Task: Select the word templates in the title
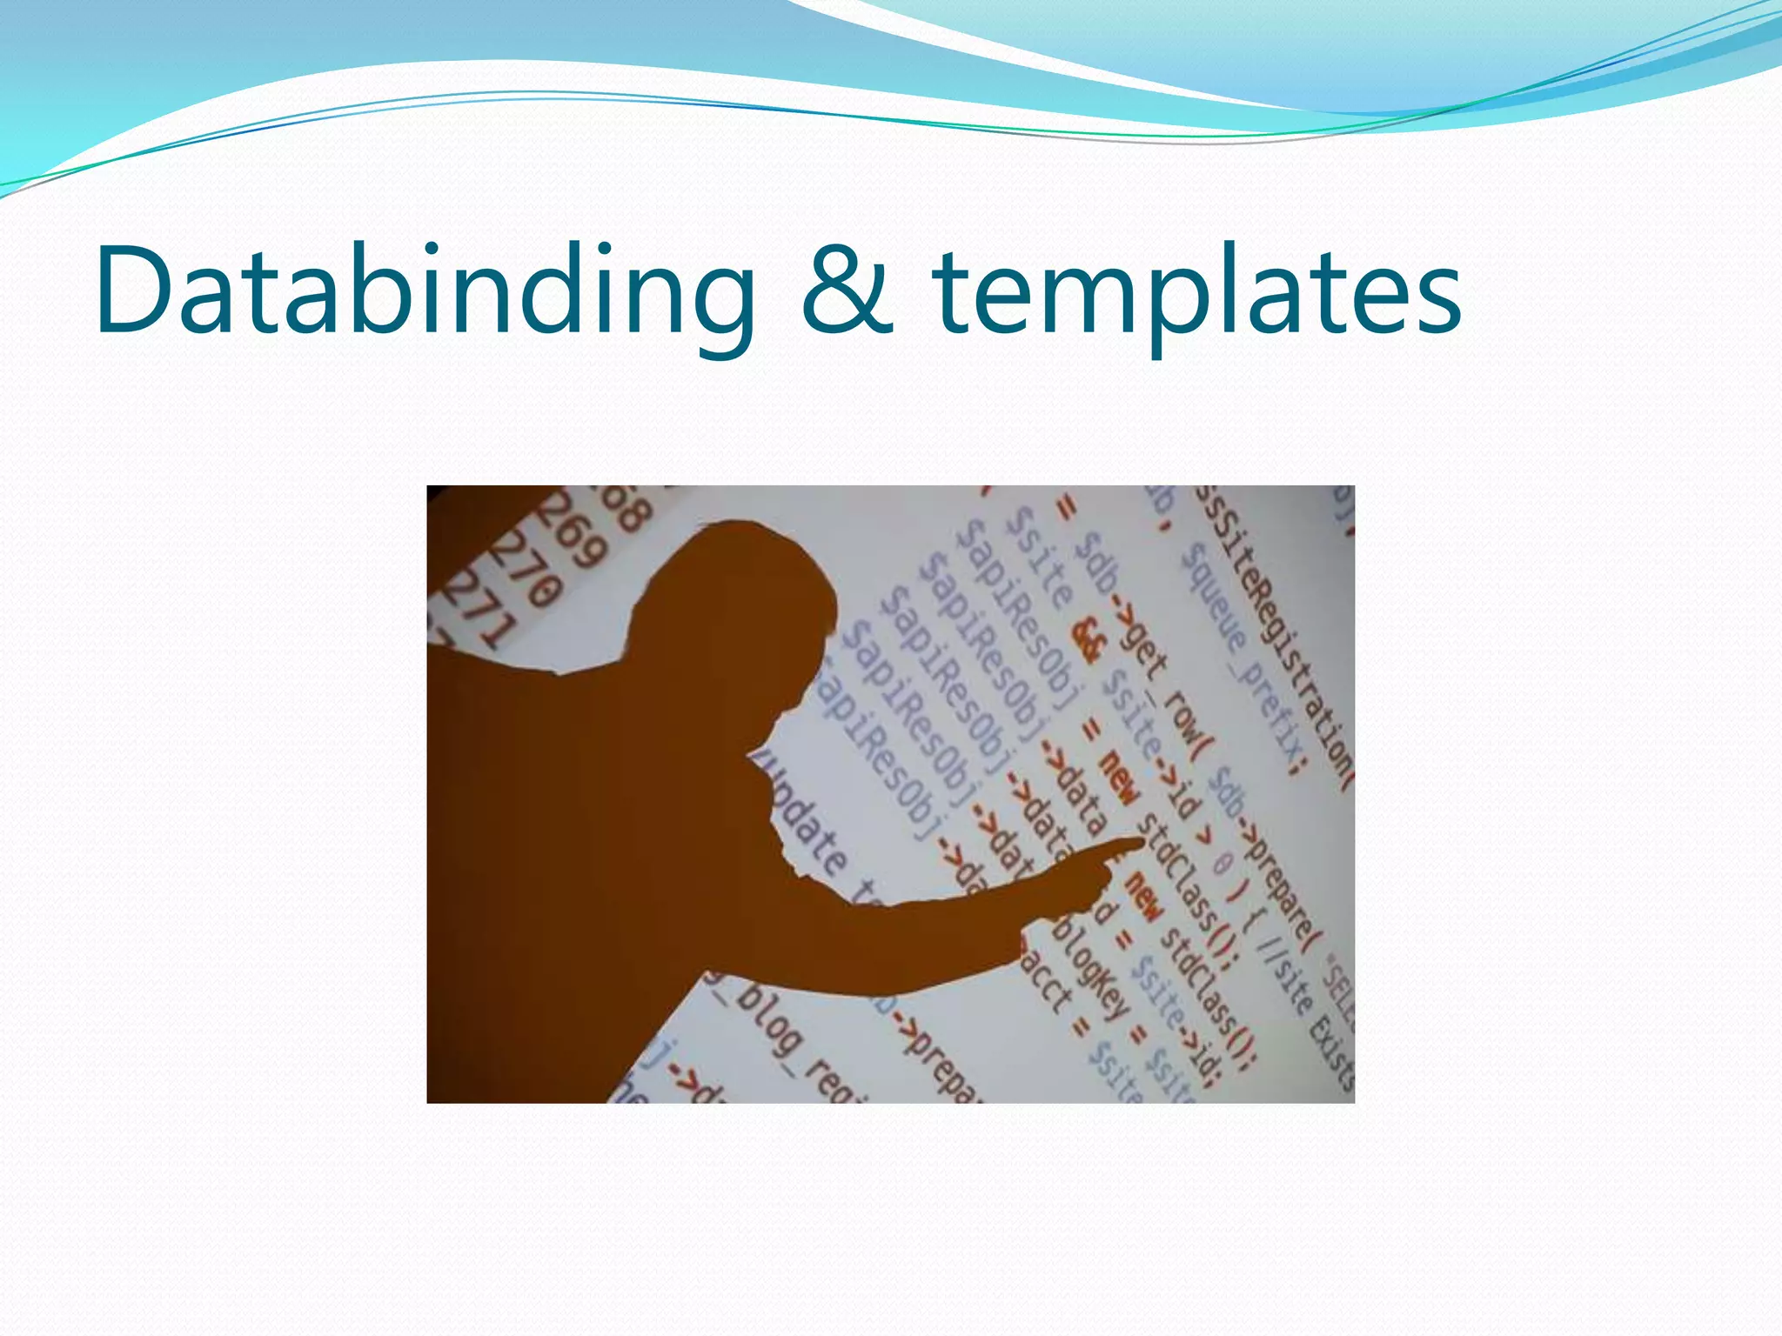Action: point(1197,291)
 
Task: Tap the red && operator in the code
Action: point(1089,640)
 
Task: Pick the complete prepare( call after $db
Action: point(1279,878)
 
